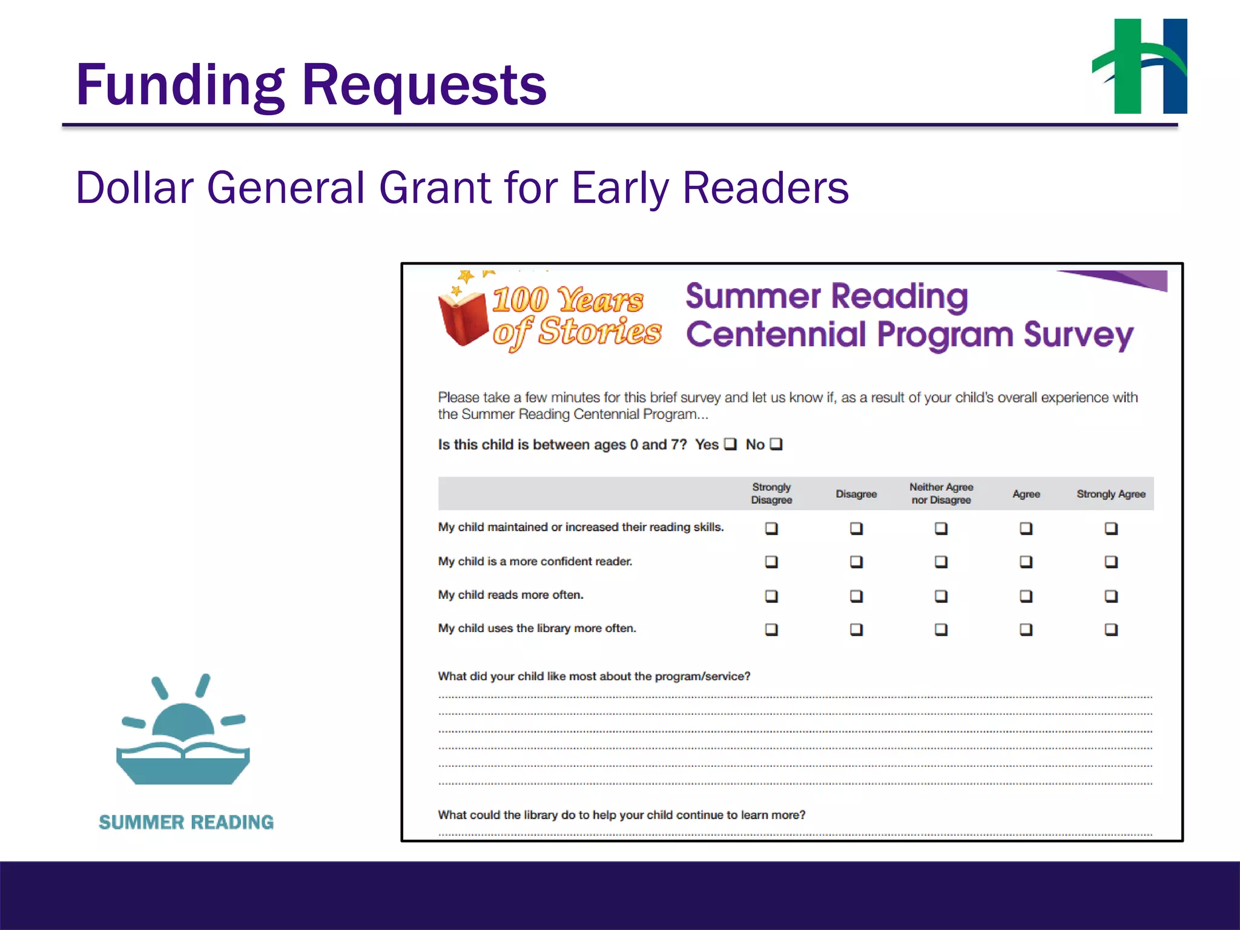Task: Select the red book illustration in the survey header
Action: click(463, 318)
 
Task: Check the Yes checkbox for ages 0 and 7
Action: click(731, 444)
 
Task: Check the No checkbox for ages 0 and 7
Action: click(776, 444)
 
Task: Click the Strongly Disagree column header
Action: click(771, 493)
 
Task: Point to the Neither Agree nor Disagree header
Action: click(941, 493)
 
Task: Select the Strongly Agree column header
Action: click(1111, 494)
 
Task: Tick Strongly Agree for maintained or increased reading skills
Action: click(1111, 529)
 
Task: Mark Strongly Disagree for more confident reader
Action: click(771, 562)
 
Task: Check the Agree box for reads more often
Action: click(1026, 596)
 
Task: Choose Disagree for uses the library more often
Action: click(856, 630)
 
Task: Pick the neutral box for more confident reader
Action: click(941, 562)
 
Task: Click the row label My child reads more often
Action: click(510, 595)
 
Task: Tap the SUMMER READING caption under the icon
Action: click(186, 822)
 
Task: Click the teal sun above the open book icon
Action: click(183, 721)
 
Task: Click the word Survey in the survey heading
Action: click(1078, 335)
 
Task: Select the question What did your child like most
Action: click(594, 676)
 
